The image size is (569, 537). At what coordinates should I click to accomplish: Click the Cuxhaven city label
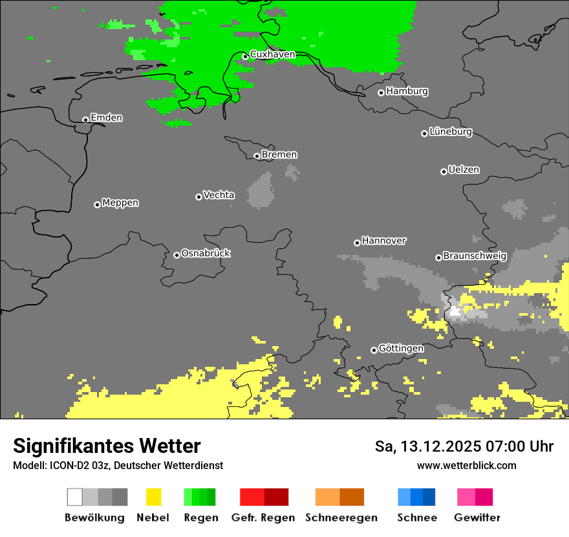272,54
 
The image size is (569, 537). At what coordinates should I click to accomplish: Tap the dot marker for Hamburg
381,93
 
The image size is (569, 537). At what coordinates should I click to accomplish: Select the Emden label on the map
106,118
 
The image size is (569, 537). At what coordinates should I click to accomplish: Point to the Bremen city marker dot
257,156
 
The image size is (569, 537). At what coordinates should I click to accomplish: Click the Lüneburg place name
451,131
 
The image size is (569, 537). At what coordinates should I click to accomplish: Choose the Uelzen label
464,170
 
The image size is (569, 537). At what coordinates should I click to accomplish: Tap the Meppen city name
120,203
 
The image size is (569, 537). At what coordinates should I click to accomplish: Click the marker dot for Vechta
199,197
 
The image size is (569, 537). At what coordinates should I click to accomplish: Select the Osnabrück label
206,253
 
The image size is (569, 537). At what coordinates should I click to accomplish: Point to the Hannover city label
383,241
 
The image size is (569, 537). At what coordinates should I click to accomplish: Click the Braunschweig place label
475,256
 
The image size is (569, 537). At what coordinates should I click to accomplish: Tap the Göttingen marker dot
374,350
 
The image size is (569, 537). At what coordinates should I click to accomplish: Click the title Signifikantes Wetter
107,446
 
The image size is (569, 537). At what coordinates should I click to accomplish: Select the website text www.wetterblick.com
466,465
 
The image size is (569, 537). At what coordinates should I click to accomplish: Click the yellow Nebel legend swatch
153,497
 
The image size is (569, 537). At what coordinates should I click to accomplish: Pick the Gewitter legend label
477,518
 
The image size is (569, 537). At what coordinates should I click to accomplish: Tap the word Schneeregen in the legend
341,518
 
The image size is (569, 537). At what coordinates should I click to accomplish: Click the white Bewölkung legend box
75,497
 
